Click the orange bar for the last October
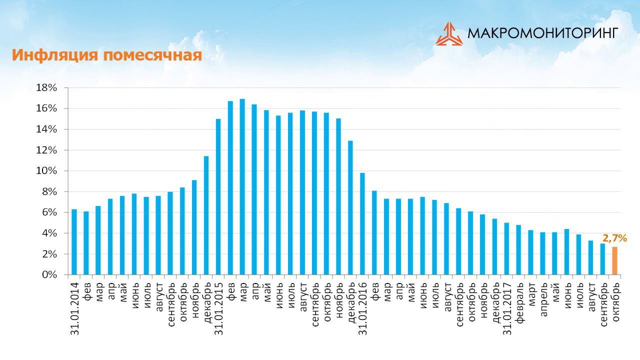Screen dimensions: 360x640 click(x=615, y=261)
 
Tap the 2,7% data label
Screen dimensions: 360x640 click(x=614, y=238)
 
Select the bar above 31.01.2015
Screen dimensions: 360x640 click(x=218, y=197)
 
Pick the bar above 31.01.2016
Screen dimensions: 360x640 click(x=362, y=224)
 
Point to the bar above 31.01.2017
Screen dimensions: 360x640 click(x=506, y=249)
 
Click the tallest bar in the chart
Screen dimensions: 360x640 click(x=242, y=187)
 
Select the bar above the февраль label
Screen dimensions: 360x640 click(x=518, y=250)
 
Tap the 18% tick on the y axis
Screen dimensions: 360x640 click(x=47, y=88)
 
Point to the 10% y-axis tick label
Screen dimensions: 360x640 click(x=47, y=171)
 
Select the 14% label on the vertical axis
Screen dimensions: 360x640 click(x=47, y=129)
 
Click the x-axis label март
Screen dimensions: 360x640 click(x=531, y=295)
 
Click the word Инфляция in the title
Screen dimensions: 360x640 click(x=55, y=55)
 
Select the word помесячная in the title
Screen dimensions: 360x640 click(x=152, y=55)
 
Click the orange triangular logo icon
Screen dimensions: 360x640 click(x=449, y=33)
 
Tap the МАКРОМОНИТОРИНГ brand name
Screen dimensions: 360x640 click(x=542, y=33)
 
